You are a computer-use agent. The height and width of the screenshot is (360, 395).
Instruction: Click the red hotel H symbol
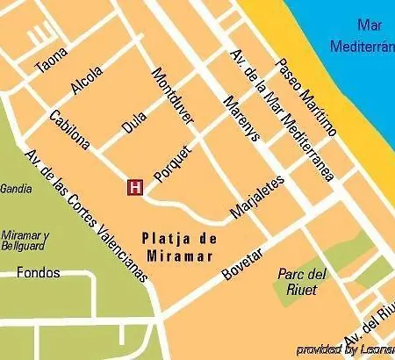[x=136, y=186]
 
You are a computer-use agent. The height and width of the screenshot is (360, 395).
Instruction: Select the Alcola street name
[x=87, y=81]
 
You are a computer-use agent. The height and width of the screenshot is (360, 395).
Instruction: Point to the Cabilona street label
[x=69, y=130]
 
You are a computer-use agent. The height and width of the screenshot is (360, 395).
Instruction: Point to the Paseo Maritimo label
[x=306, y=97]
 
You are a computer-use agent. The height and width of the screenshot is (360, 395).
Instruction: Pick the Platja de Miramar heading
[x=179, y=246]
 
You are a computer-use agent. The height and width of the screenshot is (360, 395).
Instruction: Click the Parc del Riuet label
[x=301, y=280]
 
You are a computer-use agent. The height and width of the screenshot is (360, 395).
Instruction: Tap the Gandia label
[x=16, y=188]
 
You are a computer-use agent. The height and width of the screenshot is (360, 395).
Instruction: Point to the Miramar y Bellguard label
[x=25, y=241]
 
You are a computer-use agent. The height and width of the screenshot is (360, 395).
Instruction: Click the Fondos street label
[x=39, y=273]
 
